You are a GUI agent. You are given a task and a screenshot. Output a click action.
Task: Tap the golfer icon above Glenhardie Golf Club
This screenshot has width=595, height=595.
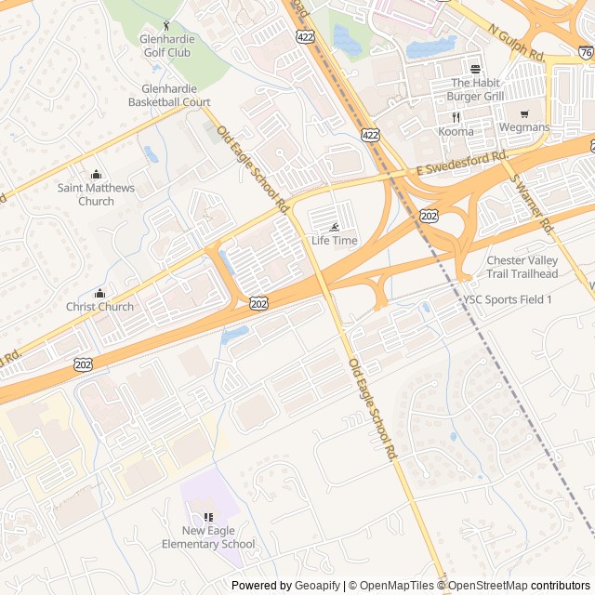coord(167,26)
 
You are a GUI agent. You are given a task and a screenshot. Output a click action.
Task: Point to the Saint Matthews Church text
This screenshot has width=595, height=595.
coord(96,194)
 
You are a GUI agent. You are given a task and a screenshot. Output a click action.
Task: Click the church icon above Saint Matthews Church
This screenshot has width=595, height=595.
coord(96,175)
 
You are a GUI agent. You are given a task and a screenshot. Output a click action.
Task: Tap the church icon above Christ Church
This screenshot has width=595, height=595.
coord(99,294)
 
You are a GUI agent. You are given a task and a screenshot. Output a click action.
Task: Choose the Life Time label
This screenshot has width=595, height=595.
coord(335,241)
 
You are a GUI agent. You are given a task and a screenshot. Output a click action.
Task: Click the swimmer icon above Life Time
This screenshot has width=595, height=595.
coord(335,228)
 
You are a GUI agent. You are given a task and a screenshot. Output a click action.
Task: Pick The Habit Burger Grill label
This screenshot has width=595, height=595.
coord(475,89)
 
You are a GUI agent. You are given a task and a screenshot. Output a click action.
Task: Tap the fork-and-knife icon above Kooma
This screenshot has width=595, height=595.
coord(456,117)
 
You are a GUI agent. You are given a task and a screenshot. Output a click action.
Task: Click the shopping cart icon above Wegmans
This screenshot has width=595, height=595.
coord(524,114)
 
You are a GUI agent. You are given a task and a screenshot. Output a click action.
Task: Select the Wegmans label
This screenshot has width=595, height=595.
coord(524,127)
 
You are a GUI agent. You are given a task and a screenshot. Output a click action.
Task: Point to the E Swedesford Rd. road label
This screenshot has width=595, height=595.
coord(461,163)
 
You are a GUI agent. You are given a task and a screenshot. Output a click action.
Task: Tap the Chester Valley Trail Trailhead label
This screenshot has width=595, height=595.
coord(522,267)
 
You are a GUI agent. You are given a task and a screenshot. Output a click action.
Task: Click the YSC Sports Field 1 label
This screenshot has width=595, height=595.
coord(509,299)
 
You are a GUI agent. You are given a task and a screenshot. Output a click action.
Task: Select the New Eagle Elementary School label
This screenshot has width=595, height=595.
coord(207,537)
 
